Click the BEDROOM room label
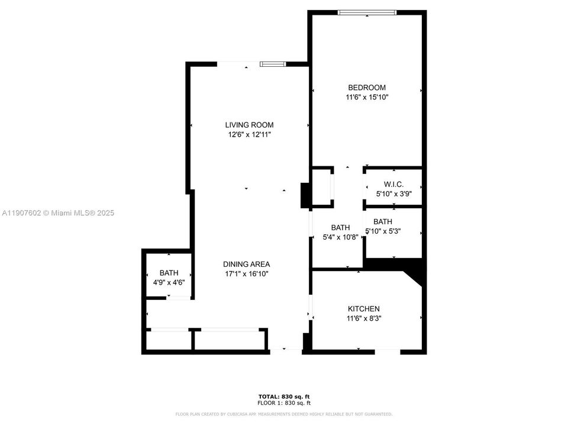[x=366, y=88]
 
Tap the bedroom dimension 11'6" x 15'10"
[x=366, y=97]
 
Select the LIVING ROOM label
[x=249, y=125]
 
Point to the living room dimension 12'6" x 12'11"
[x=249, y=135]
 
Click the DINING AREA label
[x=247, y=264]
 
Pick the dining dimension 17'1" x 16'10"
[x=247, y=274]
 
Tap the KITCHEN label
[x=363, y=309]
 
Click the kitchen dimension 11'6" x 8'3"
[x=363, y=318]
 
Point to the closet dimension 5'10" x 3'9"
[x=393, y=193]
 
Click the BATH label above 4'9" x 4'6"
[x=169, y=273]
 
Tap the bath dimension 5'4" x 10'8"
[x=340, y=237]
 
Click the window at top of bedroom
[x=367, y=12]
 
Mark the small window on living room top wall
[x=273, y=63]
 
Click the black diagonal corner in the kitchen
[x=414, y=274]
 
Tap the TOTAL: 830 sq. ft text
[x=284, y=396]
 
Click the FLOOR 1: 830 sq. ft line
[x=284, y=402]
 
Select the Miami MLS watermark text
[x=58, y=213]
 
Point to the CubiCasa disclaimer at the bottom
[x=284, y=414]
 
